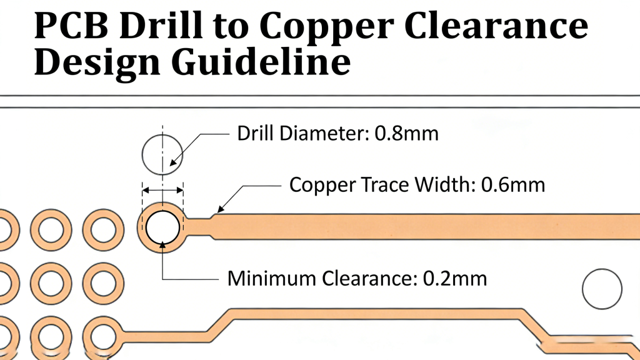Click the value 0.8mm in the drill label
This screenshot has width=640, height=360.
(406, 133)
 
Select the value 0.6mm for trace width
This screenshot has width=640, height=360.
(513, 185)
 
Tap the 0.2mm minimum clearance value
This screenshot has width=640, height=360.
(455, 278)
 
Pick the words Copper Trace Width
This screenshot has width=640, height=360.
(382, 185)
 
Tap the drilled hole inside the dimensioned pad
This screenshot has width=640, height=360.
(162, 226)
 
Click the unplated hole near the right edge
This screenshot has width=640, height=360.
(602, 289)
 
